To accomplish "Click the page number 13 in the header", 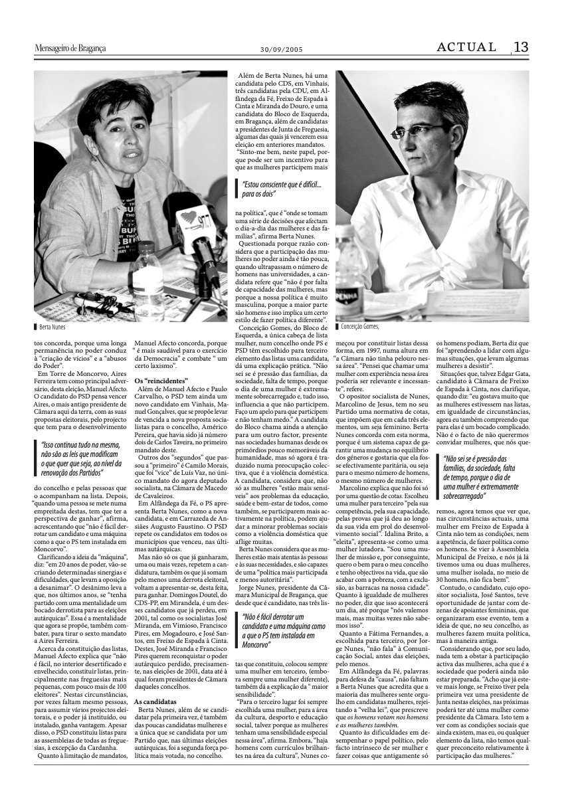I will tap(520, 47).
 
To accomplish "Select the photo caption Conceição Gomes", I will tap(363, 326).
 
